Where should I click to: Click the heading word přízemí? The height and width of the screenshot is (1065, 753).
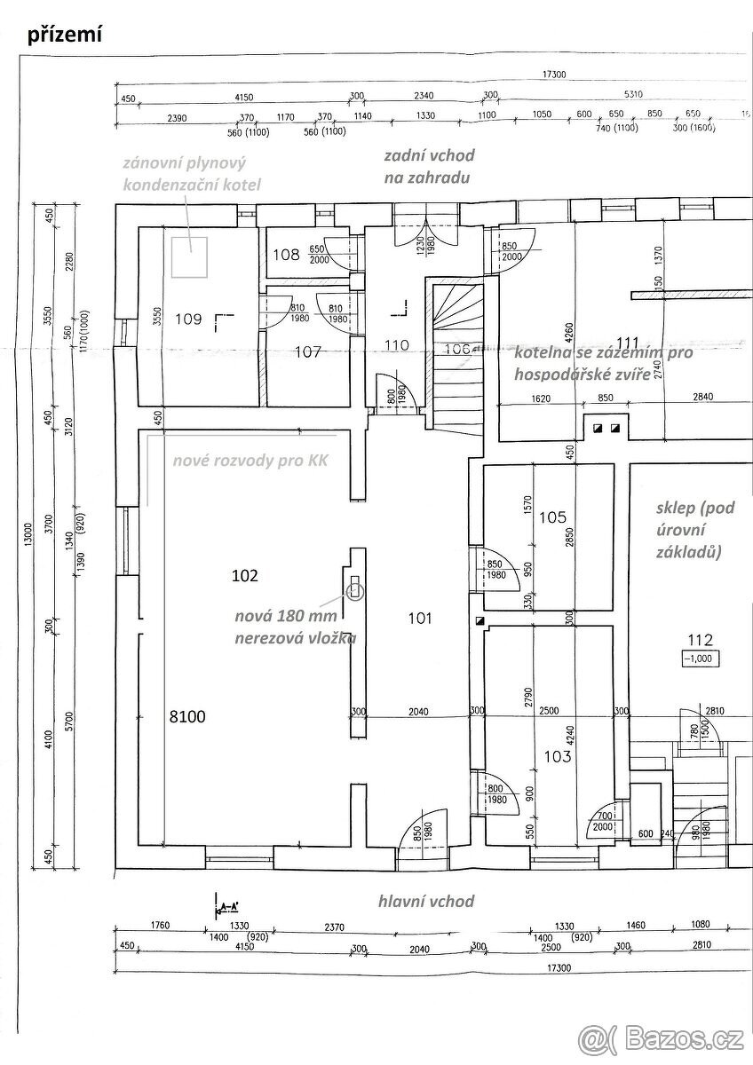click(65, 35)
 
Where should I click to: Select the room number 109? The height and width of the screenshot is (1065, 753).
click(189, 318)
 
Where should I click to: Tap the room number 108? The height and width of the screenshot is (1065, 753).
click(286, 256)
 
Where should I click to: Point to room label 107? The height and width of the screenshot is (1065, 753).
click(307, 351)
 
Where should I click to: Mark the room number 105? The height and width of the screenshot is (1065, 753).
click(552, 517)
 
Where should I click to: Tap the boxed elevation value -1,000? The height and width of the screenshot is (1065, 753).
click(700, 659)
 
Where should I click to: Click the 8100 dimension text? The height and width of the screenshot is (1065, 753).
click(187, 717)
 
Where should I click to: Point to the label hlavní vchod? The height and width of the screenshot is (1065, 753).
click(426, 901)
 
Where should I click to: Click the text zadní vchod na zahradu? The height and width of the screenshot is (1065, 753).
click(429, 166)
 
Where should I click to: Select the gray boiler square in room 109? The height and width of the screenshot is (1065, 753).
click(190, 256)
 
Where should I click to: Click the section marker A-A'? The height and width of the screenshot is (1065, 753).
click(227, 907)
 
